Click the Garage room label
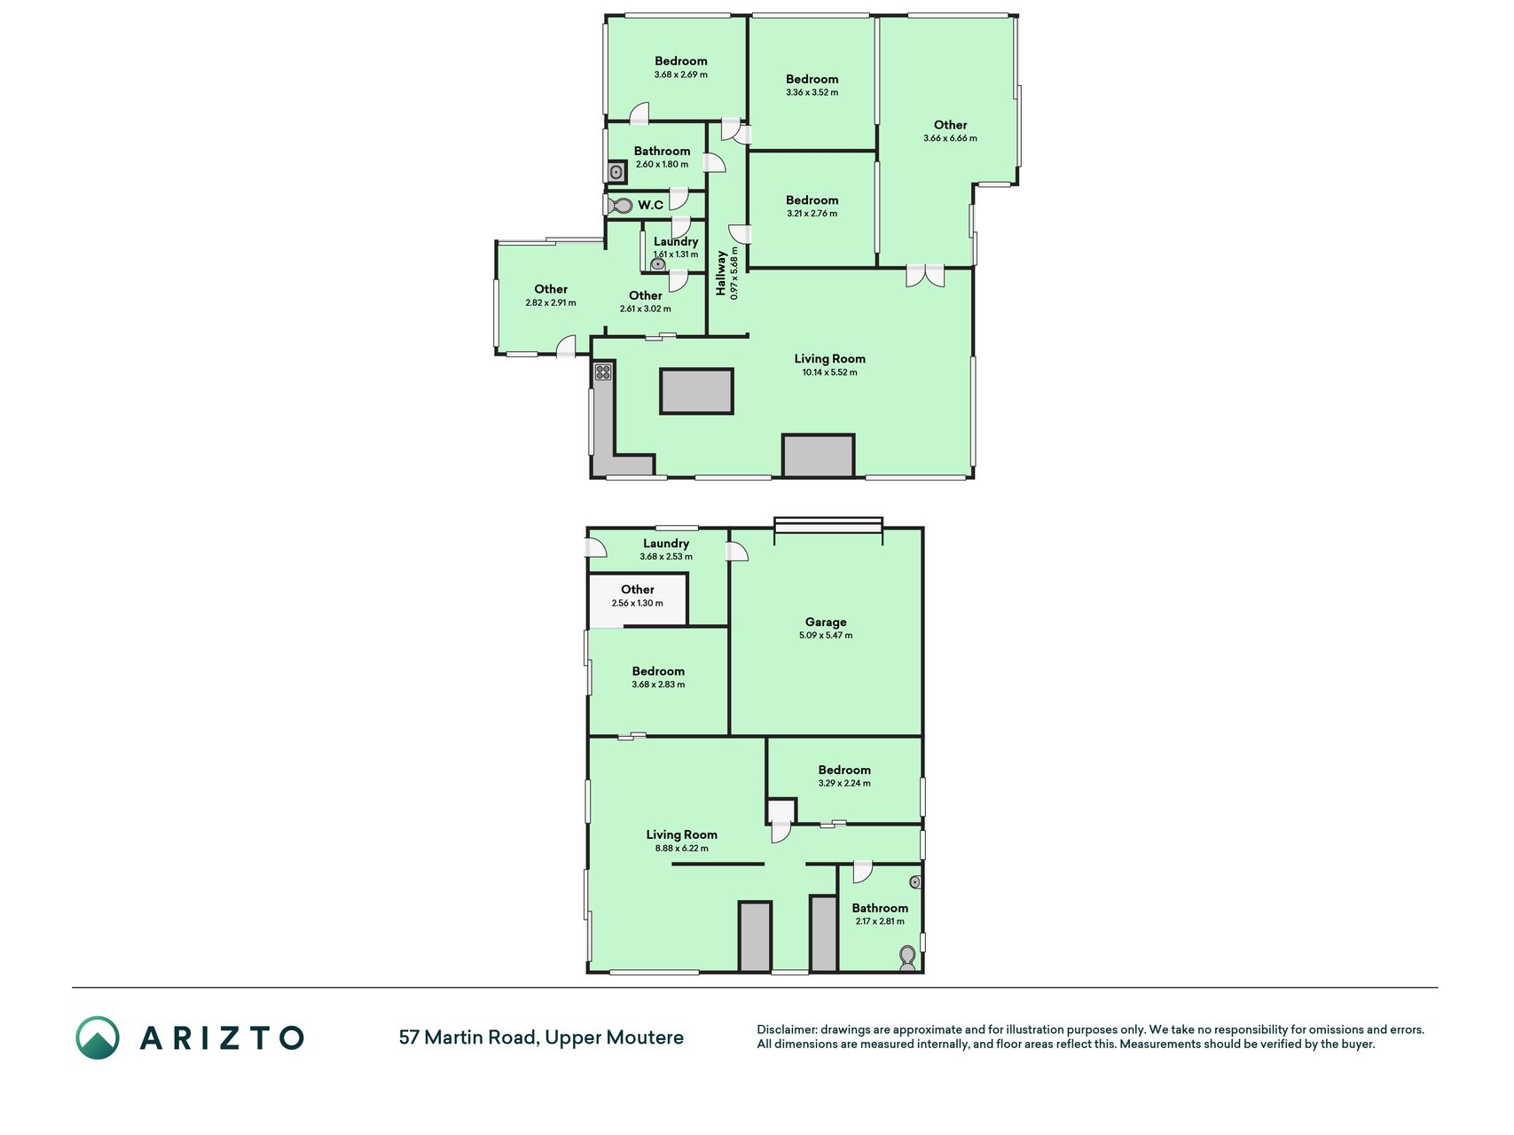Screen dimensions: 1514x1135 click(x=826, y=622)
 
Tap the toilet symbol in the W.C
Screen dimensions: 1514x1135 click(x=621, y=206)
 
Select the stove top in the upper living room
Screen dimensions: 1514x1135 click(x=603, y=372)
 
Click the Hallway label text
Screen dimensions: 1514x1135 click(x=721, y=273)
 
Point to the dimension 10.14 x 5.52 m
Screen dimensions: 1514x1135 click(x=830, y=372)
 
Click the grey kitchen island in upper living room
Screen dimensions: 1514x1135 click(x=696, y=391)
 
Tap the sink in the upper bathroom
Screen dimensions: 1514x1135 click(x=617, y=172)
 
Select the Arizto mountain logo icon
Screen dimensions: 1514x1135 click(x=98, y=1037)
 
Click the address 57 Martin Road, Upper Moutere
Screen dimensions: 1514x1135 click(x=541, y=1037)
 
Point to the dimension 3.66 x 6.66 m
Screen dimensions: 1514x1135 click(x=950, y=138)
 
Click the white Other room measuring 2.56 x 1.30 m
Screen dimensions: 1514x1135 click(x=638, y=600)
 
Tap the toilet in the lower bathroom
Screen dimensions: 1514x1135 click(x=907, y=958)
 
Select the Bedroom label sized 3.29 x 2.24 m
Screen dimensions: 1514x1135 click(x=844, y=770)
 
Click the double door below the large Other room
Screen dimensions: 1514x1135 click(x=925, y=276)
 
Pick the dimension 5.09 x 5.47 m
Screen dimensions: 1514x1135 click(x=826, y=636)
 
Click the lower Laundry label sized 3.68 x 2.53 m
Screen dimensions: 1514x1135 click(x=666, y=544)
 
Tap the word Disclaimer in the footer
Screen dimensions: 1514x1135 click(x=786, y=1029)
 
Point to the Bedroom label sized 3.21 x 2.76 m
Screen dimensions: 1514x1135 click(x=812, y=200)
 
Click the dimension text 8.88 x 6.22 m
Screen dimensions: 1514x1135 click(x=682, y=849)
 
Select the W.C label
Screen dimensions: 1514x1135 click(x=650, y=205)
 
